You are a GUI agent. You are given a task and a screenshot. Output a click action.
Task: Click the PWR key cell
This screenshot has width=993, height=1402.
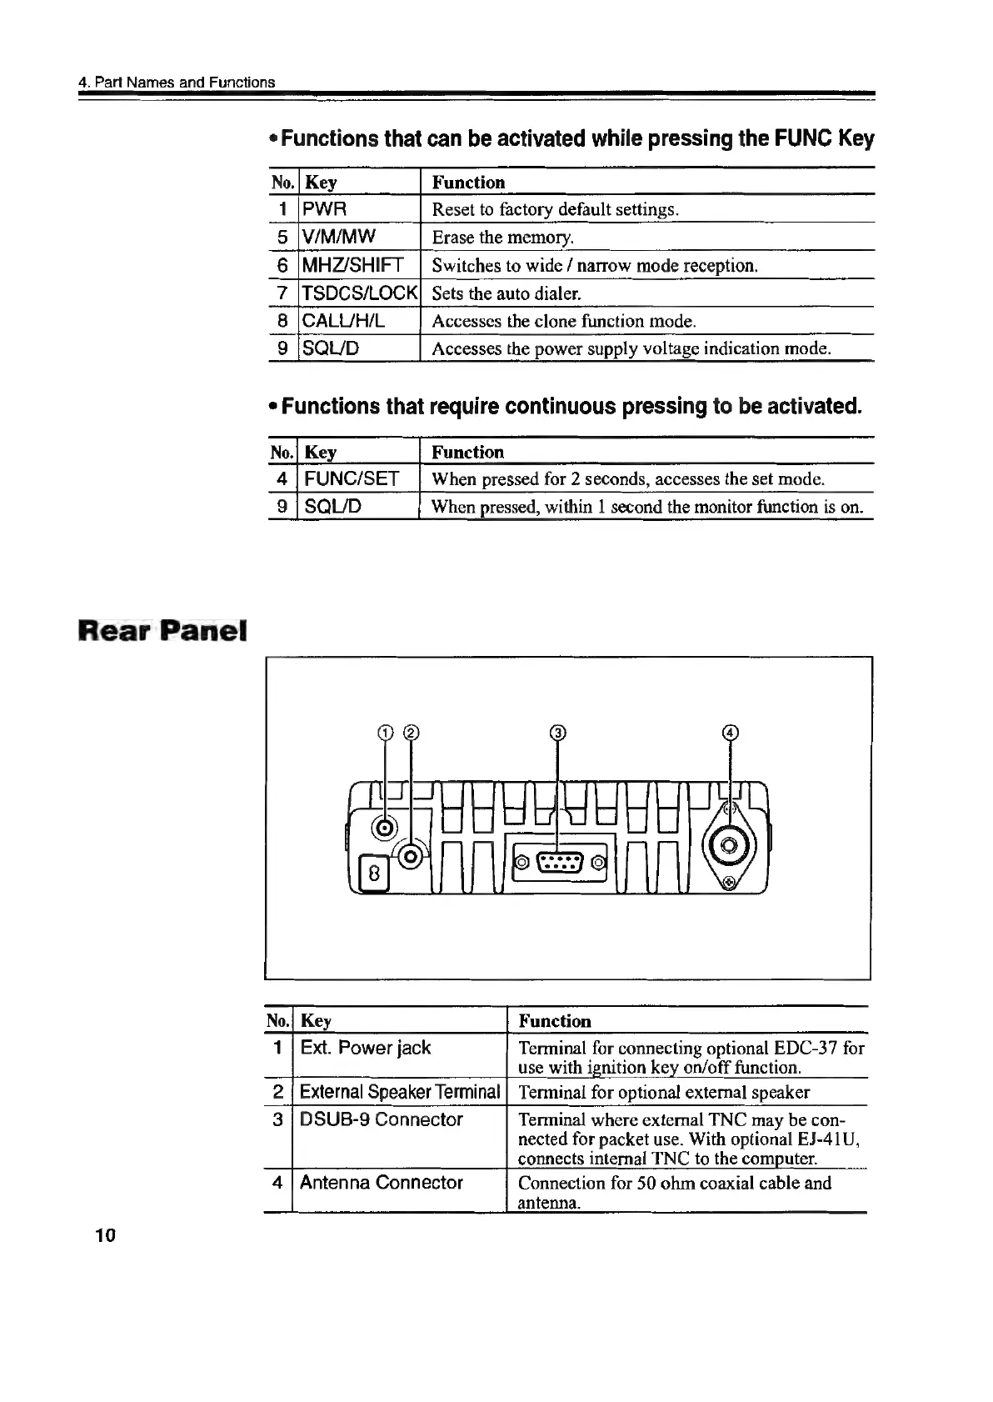pyautogui.click(x=325, y=208)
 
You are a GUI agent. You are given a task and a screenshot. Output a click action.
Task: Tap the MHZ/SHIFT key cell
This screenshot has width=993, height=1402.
pyautogui.click(x=352, y=265)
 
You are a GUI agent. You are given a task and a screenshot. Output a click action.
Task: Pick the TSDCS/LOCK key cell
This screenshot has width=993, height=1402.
pyautogui.click(x=359, y=293)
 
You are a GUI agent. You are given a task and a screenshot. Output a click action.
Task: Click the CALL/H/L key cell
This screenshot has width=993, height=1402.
pyautogui.click(x=343, y=321)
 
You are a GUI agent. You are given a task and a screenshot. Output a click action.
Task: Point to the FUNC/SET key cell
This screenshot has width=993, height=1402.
pyautogui.click(x=352, y=478)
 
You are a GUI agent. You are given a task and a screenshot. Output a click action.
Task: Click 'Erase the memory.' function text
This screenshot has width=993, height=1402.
pyautogui.click(x=503, y=238)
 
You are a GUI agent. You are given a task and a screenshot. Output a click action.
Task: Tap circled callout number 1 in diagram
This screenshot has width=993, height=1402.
pyautogui.click(x=384, y=733)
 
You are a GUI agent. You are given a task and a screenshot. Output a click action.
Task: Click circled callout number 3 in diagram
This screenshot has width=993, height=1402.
pyautogui.click(x=557, y=733)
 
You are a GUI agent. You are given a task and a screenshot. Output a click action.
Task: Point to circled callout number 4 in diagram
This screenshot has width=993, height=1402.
pyautogui.click(x=731, y=733)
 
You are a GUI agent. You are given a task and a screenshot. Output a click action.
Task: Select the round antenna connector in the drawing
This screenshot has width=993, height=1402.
pyautogui.click(x=729, y=848)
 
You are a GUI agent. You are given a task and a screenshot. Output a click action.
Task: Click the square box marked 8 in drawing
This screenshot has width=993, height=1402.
pyautogui.click(x=374, y=874)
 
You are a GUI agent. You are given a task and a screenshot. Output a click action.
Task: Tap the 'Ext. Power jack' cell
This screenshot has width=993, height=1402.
pyautogui.click(x=366, y=1048)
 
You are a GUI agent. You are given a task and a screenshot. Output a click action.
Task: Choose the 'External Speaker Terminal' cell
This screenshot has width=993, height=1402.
pyautogui.click(x=400, y=1092)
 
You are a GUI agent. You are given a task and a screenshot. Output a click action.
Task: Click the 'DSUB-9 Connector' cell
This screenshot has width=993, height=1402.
pyautogui.click(x=381, y=1119)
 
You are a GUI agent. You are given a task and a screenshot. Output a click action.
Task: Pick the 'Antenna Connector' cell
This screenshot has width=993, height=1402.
pyautogui.click(x=381, y=1183)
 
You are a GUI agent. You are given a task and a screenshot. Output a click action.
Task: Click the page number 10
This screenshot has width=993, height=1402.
pyautogui.click(x=105, y=1235)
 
